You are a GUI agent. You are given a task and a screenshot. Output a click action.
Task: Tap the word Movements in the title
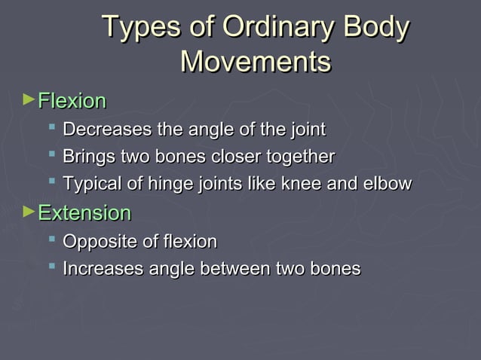point(256,61)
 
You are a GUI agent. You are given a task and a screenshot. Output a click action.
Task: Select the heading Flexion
point(72,101)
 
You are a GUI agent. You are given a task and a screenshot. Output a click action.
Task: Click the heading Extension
point(84,213)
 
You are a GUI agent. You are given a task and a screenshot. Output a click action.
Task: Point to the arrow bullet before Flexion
point(29,99)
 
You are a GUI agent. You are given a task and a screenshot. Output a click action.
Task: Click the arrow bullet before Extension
point(29,211)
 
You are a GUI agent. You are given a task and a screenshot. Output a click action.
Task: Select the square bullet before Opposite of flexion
point(51,239)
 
